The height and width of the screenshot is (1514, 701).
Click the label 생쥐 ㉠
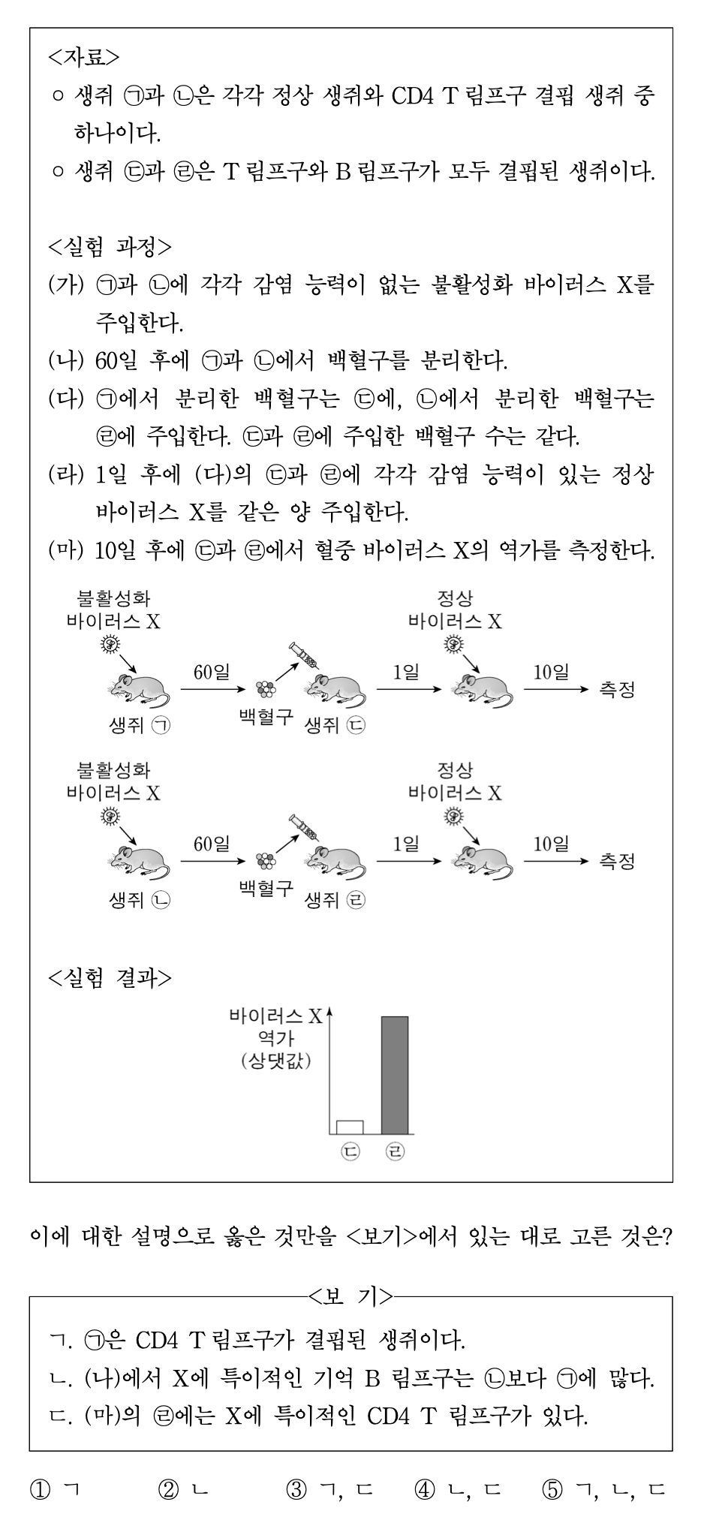click(x=140, y=725)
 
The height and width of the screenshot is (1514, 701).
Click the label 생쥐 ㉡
click(x=140, y=899)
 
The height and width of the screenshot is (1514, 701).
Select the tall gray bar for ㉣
click(x=395, y=1074)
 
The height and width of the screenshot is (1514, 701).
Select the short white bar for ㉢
click(x=350, y=1127)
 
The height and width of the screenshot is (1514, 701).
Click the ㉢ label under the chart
click(x=350, y=1151)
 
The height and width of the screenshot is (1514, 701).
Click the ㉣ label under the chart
click(x=395, y=1151)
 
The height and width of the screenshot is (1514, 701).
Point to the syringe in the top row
click(x=304, y=655)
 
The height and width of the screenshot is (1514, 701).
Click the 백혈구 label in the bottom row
click(x=266, y=888)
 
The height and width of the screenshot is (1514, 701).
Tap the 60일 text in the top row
click(x=212, y=672)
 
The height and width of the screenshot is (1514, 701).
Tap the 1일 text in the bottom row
click(x=406, y=844)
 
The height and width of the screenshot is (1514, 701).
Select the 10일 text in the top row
click(x=551, y=672)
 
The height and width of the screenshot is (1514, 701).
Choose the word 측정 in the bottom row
click(x=617, y=861)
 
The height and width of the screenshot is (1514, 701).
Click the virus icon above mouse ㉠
click(x=110, y=643)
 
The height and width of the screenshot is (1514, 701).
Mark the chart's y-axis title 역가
click(x=275, y=1040)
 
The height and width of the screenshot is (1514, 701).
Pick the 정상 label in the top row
click(x=455, y=599)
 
